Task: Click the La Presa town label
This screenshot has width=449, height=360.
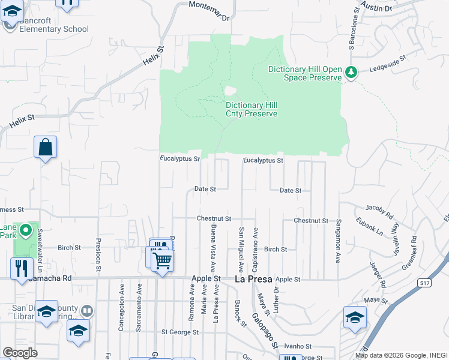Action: pos(253,280)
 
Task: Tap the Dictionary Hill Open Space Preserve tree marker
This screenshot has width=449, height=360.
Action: pos(351,73)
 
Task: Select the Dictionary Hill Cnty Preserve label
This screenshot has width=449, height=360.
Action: pos(252,109)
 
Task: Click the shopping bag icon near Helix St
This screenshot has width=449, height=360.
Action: pos(46,147)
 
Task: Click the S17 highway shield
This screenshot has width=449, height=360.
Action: pos(425,283)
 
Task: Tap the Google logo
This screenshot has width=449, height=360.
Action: pos(20,353)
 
